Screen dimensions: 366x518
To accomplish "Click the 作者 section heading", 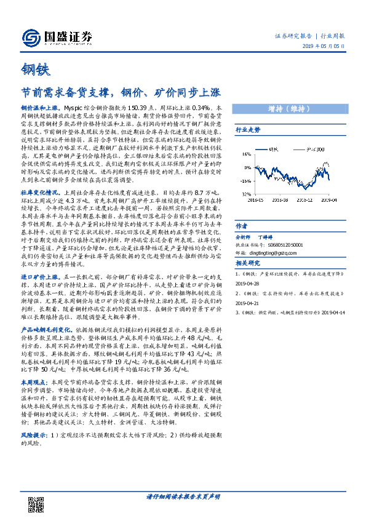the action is click(242, 225).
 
